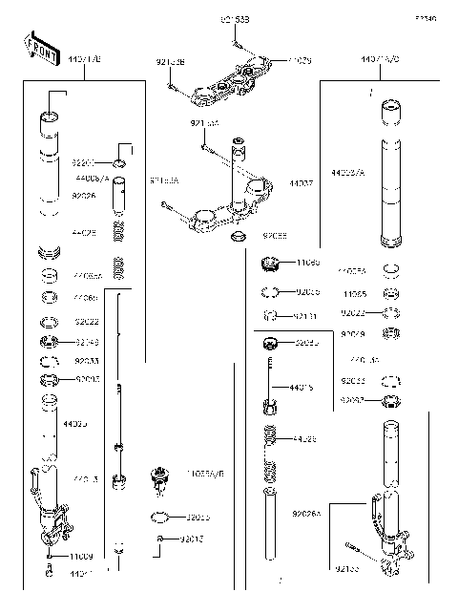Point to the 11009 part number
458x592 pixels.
[82, 555]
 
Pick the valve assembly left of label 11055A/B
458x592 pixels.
[160, 477]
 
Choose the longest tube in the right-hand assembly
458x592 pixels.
[388, 181]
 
